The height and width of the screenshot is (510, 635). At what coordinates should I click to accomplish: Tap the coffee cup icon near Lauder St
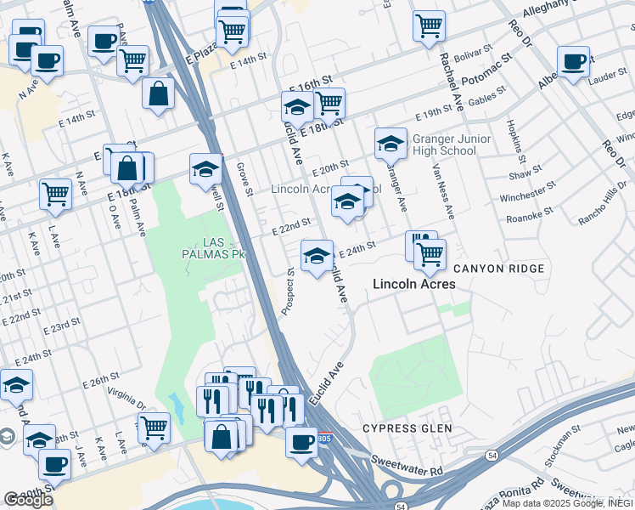[x=574, y=62]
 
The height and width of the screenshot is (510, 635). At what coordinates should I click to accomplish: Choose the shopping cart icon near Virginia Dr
[x=153, y=427]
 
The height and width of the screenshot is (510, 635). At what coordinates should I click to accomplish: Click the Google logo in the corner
[x=28, y=500]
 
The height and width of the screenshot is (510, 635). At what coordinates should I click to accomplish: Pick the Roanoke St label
[x=530, y=212]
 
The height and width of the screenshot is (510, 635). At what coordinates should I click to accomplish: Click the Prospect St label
[x=289, y=293]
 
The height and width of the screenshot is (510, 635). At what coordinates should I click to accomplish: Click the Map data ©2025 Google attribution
[x=559, y=503]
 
